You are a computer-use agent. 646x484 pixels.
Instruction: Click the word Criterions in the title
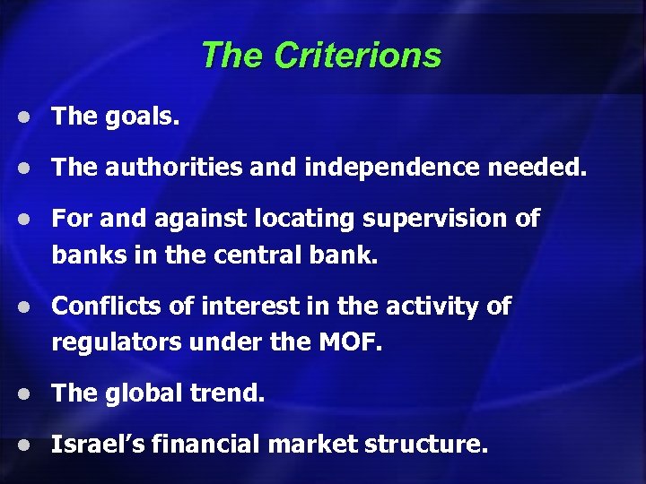click(x=358, y=56)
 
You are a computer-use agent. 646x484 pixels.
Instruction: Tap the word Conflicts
click(x=106, y=307)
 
